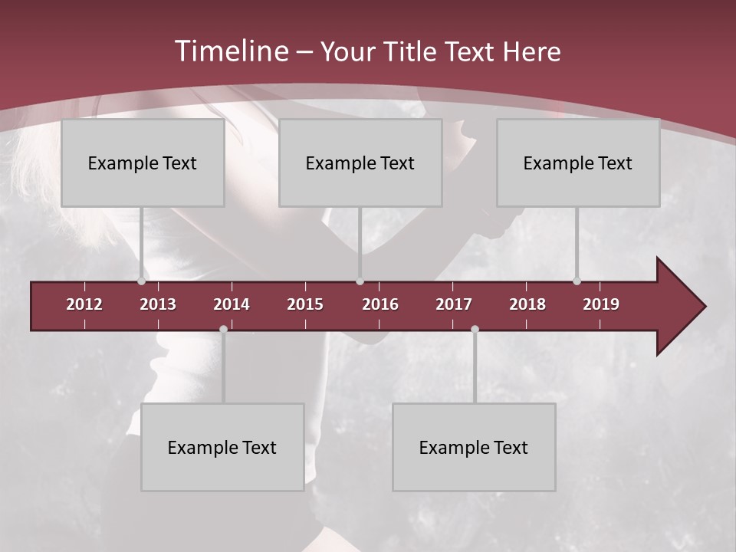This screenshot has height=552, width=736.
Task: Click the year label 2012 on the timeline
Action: pyautogui.click(x=84, y=304)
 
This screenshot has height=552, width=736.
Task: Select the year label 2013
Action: pyautogui.click(x=158, y=304)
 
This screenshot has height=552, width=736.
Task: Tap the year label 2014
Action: pyautogui.click(x=232, y=304)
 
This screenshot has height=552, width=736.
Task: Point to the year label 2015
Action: pyautogui.click(x=305, y=304)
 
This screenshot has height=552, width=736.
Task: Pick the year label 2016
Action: pyautogui.click(x=380, y=304)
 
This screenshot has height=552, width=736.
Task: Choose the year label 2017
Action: pyautogui.click(x=454, y=304)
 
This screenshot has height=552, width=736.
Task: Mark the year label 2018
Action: pyautogui.click(x=527, y=304)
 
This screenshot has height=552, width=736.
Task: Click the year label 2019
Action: pyautogui.click(x=601, y=304)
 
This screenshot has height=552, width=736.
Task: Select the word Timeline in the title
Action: pyautogui.click(x=231, y=51)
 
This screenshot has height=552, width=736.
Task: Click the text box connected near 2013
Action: pyautogui.click(x=143, y=163)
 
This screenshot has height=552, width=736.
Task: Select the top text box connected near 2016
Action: pyautogui.click(x=360, y=163)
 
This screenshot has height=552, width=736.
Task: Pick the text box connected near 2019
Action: pyautogui.click(x=578, y=163)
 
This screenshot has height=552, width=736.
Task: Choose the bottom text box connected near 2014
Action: pyautogui.click(x=222, y=447)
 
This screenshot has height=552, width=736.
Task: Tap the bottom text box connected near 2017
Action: pyautogui.click(x=474, y=447)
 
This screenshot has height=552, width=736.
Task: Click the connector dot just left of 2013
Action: pyautogui.click(x=142, y=281)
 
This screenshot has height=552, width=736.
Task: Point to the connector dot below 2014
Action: pyautogui.click(x=223, y=329)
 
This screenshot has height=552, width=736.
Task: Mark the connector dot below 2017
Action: pyautogui.click(x=475, y=329)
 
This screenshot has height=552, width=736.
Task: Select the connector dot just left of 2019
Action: pyautogui.click(x=577, y=281)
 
